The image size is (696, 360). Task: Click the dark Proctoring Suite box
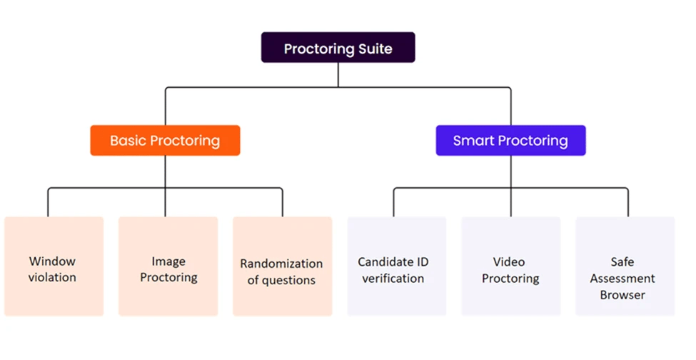338,47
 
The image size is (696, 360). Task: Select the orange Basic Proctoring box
165,140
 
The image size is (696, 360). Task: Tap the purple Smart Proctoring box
510,140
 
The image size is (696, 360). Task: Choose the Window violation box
54,266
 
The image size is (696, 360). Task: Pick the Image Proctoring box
168,266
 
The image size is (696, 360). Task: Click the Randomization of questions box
282,266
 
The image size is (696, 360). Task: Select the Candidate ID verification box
397,266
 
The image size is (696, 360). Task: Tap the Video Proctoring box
511,266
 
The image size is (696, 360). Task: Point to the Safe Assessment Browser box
625,266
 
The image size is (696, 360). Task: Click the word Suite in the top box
375,49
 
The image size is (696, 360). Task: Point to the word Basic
128,141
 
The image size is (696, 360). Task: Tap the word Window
52,261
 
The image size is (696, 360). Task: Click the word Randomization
281,264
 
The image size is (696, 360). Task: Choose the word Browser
622,295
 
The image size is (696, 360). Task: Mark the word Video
509,262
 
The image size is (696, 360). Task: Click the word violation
52,277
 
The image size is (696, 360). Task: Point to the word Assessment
622,279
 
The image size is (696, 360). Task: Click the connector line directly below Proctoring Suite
338,75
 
